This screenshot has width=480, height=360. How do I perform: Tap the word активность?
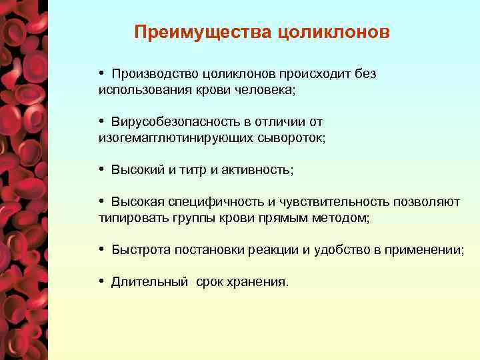256,170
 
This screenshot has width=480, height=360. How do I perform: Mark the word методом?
344,217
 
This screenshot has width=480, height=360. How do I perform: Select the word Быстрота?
141,250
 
